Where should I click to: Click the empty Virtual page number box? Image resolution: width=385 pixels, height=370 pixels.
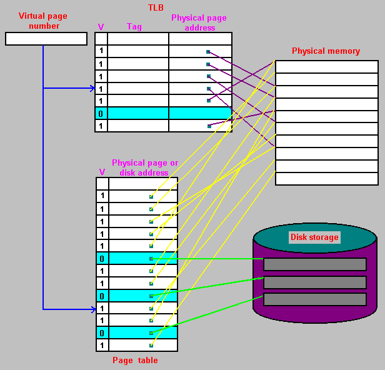pyautogui.click(x=46, y=39)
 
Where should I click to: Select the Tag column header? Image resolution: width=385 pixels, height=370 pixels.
pyautogui.click(x=134, y=26)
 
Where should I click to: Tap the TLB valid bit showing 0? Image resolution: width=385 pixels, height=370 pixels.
pyautogui.click(x=101, y=113)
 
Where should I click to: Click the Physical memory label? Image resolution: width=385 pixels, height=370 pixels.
pyautogui.click(x=326, y=51)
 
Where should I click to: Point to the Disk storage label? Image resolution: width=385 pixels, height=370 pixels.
pyautogui.click(x=314, y=237)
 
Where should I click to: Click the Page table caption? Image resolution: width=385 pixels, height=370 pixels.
pyautogui.click(x=135, y=360)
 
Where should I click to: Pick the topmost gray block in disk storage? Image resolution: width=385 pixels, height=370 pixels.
pyautogui.click(x=314, y=264)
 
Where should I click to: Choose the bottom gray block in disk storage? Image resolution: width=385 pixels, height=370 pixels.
pyautogui.click(x=314, y=299)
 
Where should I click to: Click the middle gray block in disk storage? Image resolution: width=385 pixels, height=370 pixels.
pyautogui.click(x=314, y=282)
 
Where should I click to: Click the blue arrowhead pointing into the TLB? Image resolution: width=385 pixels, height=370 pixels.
pyautogui.click(x=92, y=88)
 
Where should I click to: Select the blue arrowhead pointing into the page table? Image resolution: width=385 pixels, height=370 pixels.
pyautogui.click(x=92, y=308)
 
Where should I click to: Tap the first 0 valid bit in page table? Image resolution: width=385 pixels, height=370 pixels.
pyautogui.click(x=102, y=258)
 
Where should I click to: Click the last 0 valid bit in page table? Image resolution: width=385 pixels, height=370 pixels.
pyautogui.click(x=102, y=332)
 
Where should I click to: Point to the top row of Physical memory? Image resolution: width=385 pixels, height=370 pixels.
pyautogui.click(x=326, y=67)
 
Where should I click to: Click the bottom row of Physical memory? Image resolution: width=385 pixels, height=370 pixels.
pyautogui.click(x=326, y=179)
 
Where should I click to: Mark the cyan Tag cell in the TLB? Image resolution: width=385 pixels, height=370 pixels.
pyautogui.click(x=137, y=113)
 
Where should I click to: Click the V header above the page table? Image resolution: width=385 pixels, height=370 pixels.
pyautogui.click(x=102, y=172)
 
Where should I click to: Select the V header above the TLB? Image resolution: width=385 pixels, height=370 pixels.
pyautogui.click(x=101, y=27)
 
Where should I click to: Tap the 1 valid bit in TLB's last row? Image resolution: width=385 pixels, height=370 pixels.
pyautogui.click(x=101, y=126)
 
